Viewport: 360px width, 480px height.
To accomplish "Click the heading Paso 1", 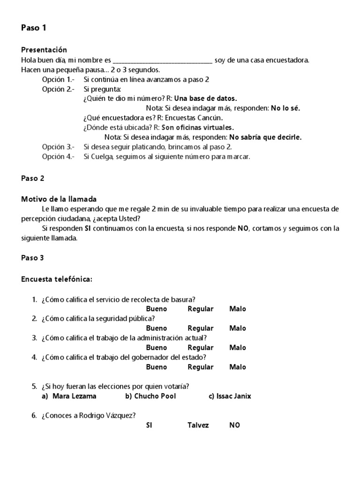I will pyautogui.click(x=34, y=28).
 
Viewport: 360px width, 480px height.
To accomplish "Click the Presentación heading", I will pyautogui.click(x=44, y=50).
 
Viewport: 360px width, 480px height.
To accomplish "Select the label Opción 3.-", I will pyautogui.click(x=58, y=147).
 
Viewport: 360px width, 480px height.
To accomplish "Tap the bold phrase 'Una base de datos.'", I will pyautogui.click(x=206, y=98).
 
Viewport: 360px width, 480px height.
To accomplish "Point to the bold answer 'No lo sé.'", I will pyautogui.click(x=285, y=108).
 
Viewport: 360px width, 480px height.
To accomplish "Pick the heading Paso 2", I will pyautogui.click(x=33, y=178).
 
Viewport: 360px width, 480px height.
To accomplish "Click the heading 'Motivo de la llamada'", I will pyautogui.click(x=59, y=199).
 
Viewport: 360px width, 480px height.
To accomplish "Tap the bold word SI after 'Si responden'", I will pyautogui.click(x=87, y=228).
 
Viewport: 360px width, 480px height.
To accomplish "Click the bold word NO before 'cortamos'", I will pyautogui.click(x=242, y=228).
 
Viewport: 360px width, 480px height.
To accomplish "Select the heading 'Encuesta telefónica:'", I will pyautogui.click(x=57, y=279).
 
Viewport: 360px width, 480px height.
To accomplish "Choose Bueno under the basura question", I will pyautogui.click(x=156, y=309).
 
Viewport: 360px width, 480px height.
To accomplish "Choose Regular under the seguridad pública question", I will pyautogui.click(x=200, y=328).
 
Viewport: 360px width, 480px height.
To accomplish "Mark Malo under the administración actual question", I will pyautogui.click(x=237, y=348).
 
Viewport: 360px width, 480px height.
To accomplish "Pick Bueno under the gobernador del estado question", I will pyautogui.click(x=156, y=367).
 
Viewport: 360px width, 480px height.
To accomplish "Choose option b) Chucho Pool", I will pyautogui.click(x=150, y=396).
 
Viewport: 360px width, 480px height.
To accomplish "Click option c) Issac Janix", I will pyautogui.click(x=230, y=396).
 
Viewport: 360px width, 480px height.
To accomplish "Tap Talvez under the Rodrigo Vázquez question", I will pyautogui.click(x=198, y=425).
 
